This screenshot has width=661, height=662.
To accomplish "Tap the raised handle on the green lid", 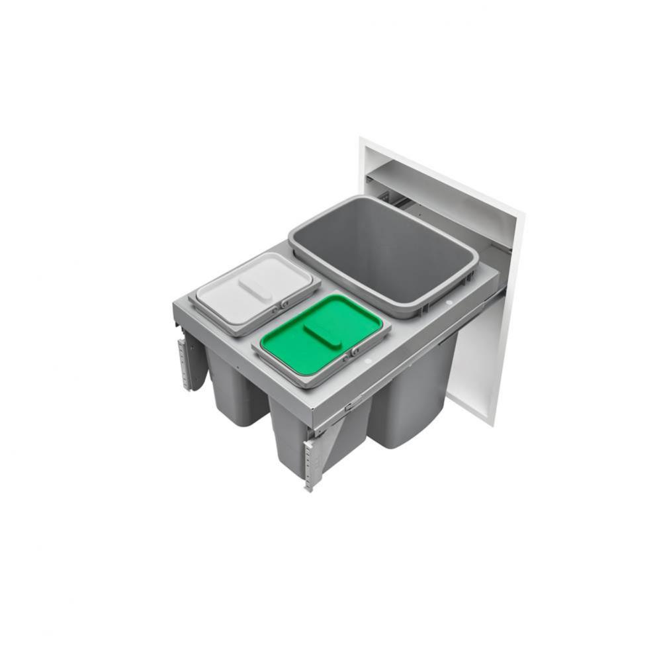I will pos(322,335).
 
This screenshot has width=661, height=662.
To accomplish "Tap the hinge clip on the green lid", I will pos(356,350).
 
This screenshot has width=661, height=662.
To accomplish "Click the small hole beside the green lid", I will pos(365,362).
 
